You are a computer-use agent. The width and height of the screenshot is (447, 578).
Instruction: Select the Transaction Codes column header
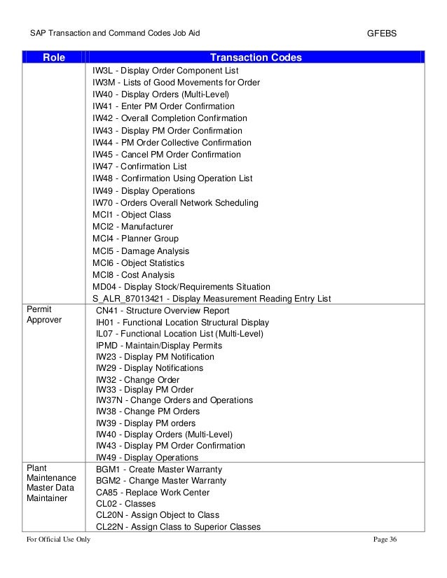click(256, 57)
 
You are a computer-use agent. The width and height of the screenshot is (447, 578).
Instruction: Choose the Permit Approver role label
click(45, 314)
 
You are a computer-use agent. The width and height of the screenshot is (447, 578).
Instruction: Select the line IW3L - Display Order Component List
click(165, 71)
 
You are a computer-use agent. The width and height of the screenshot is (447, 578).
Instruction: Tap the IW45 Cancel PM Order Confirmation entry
click(167, 155)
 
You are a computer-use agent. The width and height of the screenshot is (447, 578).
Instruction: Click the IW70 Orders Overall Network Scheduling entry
click(175, 203)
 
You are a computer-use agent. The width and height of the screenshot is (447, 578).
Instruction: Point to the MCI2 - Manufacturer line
click(132, 227)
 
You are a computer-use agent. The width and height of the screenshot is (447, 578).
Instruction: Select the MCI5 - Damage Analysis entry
click(141, 251)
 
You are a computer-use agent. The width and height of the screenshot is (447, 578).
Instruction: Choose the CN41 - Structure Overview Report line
click(163, 310)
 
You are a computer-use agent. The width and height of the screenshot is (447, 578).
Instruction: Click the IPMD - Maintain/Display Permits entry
click(159, 345)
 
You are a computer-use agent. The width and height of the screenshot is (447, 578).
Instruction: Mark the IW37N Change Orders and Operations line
click(174, 400)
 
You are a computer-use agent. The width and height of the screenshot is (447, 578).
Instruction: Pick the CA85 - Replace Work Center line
click(153, 492)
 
